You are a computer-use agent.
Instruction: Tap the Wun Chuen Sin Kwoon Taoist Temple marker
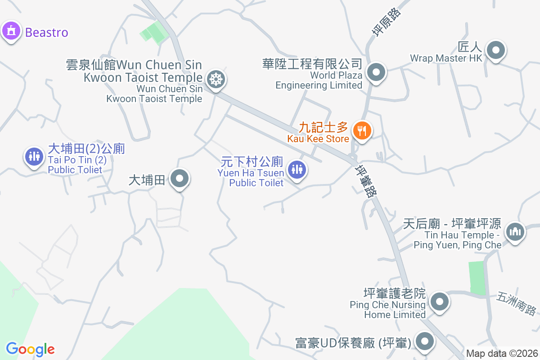[216, 80]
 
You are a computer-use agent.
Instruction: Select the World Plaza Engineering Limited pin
[376, 72]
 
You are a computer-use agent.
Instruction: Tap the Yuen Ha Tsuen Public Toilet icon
[297, 170]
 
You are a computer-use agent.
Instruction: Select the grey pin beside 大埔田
[180, 179]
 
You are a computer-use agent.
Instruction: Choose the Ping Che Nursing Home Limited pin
[439, 301]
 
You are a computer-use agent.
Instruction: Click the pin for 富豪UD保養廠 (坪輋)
[424, 342]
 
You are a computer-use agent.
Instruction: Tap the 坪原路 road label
[386, 22]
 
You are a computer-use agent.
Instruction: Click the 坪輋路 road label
[365, 181]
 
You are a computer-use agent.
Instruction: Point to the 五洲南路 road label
[517, 304]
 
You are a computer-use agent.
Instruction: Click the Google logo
[30, 349]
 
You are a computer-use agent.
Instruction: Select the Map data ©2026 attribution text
[501, 354]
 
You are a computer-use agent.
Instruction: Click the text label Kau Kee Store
[318, 139]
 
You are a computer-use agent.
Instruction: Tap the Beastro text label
[47, 32]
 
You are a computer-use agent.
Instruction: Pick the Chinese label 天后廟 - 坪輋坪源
[452, 224]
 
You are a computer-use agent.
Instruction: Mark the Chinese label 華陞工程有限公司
[312, 63]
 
